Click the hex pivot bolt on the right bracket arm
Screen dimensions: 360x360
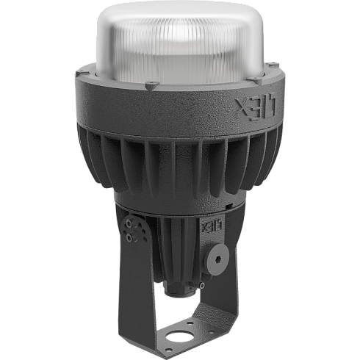tap(219, 259)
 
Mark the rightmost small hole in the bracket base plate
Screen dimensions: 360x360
tap(211, 331)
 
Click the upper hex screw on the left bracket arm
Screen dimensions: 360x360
tap(129, 223)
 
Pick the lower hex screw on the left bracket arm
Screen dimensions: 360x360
tap(129, 237)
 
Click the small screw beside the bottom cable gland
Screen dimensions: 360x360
tap(202, 286)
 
